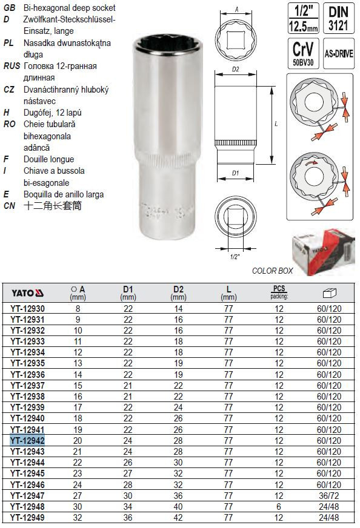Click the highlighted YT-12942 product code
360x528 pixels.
coord(27,440)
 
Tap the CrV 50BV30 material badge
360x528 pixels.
coord(303,53)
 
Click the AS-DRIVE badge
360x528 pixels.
coord(338,53)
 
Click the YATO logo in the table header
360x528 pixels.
coord(28,293)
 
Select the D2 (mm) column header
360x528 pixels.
coord(178,293)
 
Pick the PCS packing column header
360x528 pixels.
coord(279,292)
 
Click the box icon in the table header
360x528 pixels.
coord(329,293)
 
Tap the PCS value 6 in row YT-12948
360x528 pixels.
coord(279,506)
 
